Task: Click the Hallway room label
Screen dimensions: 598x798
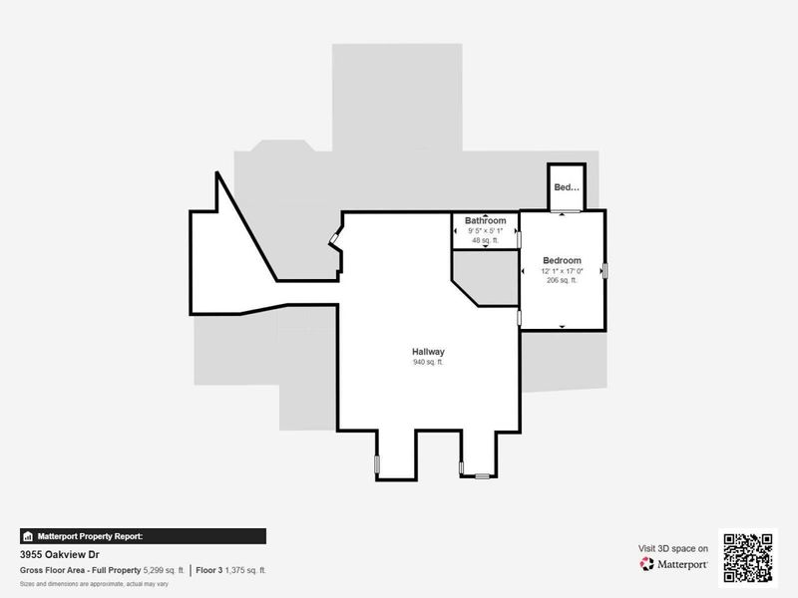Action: click(428, 352)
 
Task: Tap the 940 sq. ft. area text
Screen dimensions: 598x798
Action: click(428, 363)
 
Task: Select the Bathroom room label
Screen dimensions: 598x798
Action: click(485, 220)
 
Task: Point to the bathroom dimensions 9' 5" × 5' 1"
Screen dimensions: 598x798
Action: click(485, 231)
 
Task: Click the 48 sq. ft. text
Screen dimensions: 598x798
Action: click(485, 240)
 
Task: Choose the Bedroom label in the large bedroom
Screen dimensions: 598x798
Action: click(562, 260)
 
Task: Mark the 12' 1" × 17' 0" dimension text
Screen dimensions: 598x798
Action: click(562, 271)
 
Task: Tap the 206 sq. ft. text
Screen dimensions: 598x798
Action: click(562, 280)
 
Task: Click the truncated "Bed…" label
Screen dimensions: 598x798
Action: click(566, 187)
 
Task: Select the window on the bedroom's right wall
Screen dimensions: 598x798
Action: click(604, 269)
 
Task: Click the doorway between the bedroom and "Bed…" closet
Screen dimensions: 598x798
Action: click(566, 212)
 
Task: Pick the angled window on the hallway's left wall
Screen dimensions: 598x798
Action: click(335, 239)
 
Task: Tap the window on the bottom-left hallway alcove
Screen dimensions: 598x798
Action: click(377, 463)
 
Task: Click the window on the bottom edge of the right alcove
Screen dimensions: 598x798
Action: click(482, 476)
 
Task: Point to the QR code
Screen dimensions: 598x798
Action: click(749, 556)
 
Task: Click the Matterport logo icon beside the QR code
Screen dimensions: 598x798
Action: click(647, 564)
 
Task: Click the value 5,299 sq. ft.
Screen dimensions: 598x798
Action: click(165, 570)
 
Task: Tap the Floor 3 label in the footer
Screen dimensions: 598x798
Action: click(209, 570)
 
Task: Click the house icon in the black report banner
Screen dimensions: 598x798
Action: click(28, 536)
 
